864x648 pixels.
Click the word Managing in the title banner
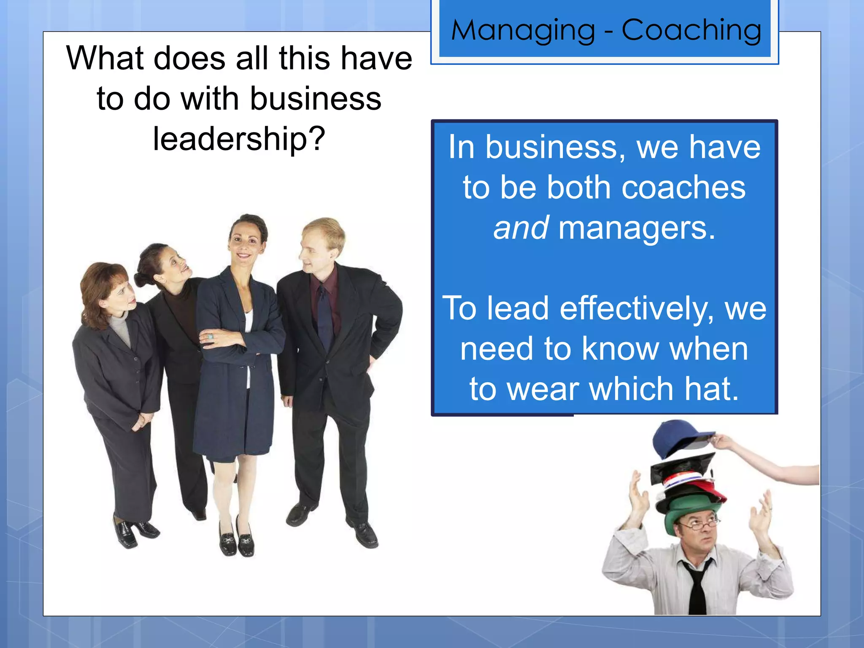[x=523, y=30]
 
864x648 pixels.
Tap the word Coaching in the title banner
[x=691, y=30]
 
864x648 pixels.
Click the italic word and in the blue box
[x=521, y=228]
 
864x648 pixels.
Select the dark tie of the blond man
[x=325, y=316]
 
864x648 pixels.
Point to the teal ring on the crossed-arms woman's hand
[x=210, y=336]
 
